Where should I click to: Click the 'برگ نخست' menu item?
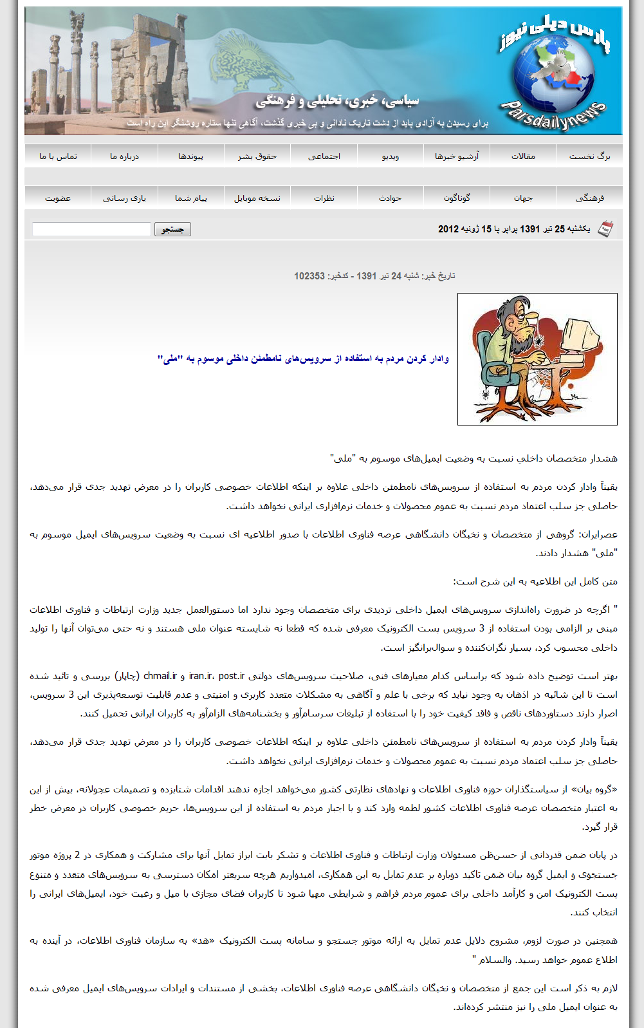[x=589, y=156]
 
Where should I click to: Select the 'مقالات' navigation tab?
[x=523, y=156]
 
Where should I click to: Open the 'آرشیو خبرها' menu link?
[x=457, y=156]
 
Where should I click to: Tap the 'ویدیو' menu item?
[x=391, y=156]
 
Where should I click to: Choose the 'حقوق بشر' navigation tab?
[x=257, y=156]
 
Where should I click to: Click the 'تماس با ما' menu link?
[x=58, y=156]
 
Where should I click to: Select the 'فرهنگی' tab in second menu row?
[x=589, y=198]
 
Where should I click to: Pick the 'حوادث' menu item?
[x=391, y=198]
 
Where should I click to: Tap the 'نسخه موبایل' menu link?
[x=257, y=198]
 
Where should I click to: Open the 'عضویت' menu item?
[x=58, y=198]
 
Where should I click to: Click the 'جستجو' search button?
[x=172, y=229]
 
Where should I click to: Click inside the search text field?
[x=91, y=229]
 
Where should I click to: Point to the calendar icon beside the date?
[x=605, y=229]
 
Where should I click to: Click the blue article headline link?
[x=303, y=359]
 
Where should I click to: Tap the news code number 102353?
[x=309, y=276]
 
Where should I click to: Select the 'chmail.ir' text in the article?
[x=160, y=676]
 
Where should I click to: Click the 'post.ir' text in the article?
[x=232, y=676]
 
